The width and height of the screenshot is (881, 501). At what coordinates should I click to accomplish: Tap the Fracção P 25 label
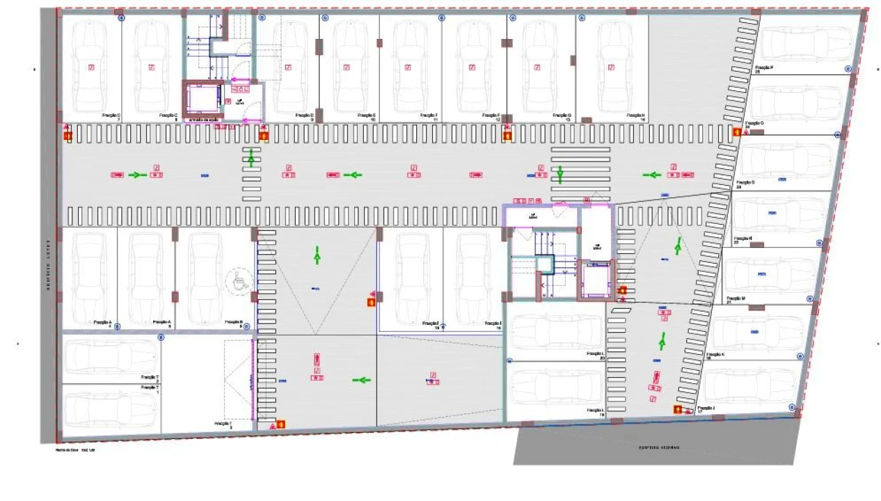[764, 69]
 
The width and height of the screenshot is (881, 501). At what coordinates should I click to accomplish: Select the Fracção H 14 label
[635, 117]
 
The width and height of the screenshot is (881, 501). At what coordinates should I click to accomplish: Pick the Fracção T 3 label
[223, 424]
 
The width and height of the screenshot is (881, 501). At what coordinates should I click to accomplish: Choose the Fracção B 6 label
[234, 324]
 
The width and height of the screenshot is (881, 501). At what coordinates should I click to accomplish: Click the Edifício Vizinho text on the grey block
[656, 447]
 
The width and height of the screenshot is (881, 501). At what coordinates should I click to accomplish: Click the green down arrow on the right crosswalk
[559, 174]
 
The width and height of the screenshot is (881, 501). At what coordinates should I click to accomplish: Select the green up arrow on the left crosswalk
[252, 159]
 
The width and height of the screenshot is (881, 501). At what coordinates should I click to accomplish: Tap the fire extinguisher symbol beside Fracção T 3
[281, 422]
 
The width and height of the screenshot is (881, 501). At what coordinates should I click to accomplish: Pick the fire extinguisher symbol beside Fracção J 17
[677, 410]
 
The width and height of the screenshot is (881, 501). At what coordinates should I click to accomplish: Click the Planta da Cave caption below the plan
[75, 450]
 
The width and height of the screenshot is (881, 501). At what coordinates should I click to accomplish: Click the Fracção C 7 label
[111, 117]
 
